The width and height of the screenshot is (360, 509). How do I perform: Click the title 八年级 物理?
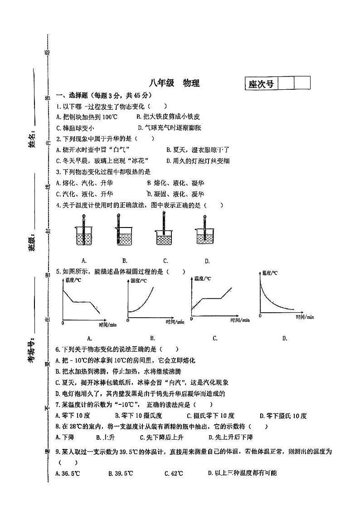tap(174, 83)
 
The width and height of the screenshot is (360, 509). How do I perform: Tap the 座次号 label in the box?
tap(261, 84)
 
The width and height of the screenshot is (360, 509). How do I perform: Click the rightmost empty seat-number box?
tap(302, 83)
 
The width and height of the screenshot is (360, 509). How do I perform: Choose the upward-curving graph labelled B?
tap(150, 301)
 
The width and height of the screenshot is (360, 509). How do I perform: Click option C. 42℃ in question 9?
tap(174, 474)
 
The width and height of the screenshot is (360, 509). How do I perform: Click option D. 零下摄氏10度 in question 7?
tap(283, 416)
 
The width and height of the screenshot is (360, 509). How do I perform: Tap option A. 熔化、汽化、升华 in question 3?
tap(84, 183)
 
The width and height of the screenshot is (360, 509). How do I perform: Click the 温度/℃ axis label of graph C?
tap(203, 279)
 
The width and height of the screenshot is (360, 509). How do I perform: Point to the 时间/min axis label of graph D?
tap(305, 317)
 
